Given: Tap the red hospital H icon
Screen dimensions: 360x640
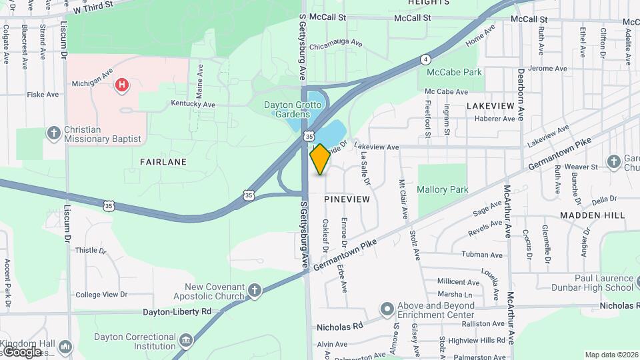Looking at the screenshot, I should [121, 85].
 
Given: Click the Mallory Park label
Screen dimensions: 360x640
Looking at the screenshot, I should [442, 189].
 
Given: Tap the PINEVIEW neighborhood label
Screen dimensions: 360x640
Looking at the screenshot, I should [347, 199].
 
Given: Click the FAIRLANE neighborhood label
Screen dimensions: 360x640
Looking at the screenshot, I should [163, 162].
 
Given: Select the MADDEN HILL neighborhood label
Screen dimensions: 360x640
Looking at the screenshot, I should [593, 215].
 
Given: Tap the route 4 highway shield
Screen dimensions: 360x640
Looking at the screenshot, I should [425, 59].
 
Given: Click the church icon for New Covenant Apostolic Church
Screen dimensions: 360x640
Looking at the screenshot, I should [254, 290].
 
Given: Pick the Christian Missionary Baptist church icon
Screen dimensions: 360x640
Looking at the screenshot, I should [54, 133].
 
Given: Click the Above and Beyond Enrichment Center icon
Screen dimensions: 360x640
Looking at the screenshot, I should [387, 309].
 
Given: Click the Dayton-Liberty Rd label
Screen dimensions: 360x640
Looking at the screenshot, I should [177, 311].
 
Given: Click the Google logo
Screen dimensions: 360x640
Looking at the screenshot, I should [21, 352].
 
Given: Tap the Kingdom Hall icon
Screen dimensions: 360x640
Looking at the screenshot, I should [65, 347].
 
